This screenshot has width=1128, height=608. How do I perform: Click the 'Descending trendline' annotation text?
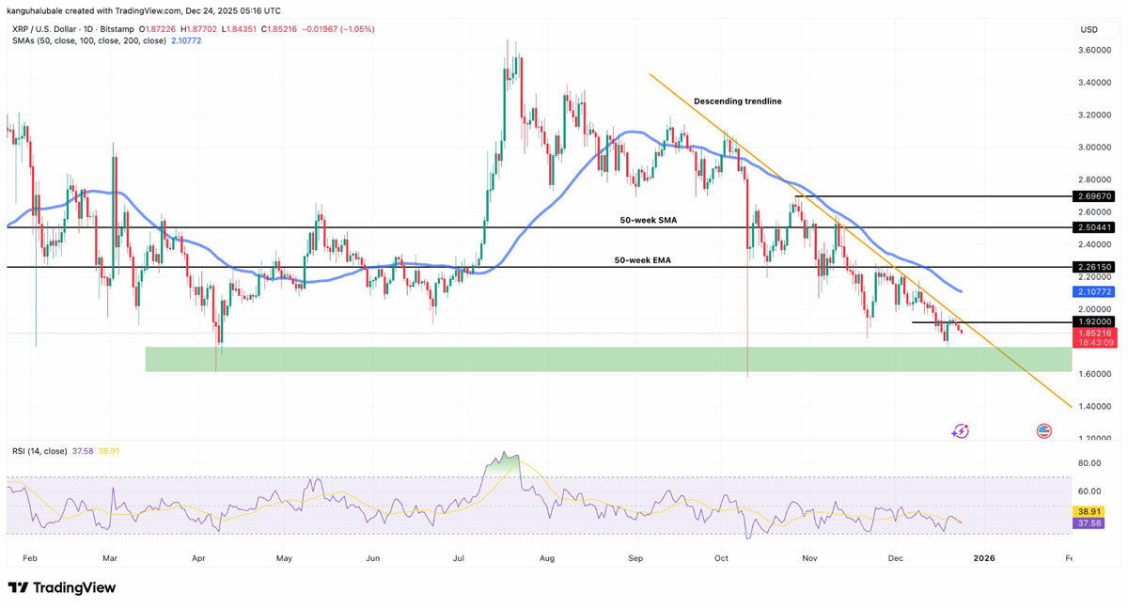pos(737,101)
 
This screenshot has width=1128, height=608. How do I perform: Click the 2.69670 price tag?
pos(1094,196)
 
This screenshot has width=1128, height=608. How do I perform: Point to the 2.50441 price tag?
pos(1094,227)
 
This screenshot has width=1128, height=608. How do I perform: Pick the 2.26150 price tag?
pos(1094,267)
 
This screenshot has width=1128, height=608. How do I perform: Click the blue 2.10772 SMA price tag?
pos(1094,292)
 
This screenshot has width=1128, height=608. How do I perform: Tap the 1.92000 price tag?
pos(1094,321)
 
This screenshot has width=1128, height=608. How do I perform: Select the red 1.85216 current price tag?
pos(1094,334)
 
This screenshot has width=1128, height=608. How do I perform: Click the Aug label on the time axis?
pos(548,558)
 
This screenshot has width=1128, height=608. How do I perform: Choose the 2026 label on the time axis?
pos(984,558)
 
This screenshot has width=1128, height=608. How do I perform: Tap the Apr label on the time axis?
pos(198,558)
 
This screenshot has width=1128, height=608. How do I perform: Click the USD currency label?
pos(1089,29)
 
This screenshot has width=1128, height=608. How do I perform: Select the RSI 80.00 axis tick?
pos(1089,463)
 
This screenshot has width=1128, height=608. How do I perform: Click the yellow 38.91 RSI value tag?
pos(1089,512)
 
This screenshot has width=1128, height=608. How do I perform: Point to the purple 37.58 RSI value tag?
pos(1089,523)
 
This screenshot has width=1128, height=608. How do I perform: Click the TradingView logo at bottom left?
pos(62,588)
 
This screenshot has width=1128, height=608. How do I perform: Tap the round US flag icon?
pos(1043,431)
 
